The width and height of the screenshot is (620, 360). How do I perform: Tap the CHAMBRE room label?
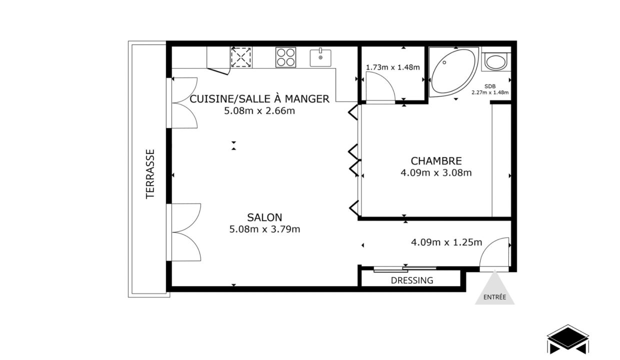tap(435, 161)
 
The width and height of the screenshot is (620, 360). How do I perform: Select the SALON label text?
tap(264, 217)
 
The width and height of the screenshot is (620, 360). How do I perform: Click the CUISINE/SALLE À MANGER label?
tap(259, 99)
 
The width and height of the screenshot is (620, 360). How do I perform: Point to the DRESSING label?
tap(412, 280)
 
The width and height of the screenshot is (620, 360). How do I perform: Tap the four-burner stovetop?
tap(285, 57)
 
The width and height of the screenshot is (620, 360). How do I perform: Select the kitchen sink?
tap(320, 57)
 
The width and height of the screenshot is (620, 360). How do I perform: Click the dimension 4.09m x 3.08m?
tap(435, 173)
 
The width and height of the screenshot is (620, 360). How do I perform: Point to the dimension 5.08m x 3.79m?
tap(264, 229)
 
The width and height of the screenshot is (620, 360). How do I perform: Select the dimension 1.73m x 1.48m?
tap(392, 67)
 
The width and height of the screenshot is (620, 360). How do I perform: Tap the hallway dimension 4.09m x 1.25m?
tap(446, 243)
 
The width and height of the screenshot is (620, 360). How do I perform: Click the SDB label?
tap(489, 86)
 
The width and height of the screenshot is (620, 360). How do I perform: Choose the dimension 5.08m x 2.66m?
tap(259, 111)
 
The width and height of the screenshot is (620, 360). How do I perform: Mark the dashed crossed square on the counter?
tap(241, 57)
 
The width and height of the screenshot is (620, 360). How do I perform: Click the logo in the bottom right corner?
tap(567, 340)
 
